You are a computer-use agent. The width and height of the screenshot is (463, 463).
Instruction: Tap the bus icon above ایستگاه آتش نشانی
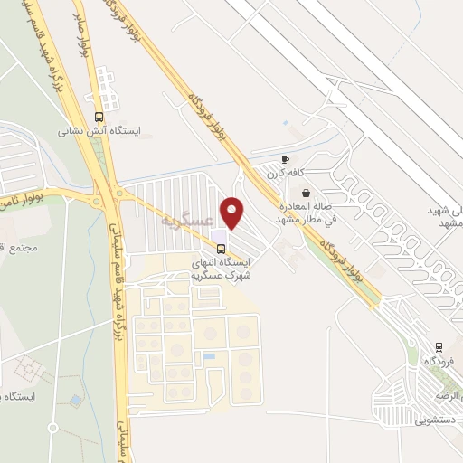pyautogui.click(x=99, y=116)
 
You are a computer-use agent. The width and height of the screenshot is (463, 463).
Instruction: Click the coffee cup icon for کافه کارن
pyautogui.click(x=286, y=158)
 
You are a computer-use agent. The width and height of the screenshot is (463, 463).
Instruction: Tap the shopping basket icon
pyautogui.click(x=306, y=192)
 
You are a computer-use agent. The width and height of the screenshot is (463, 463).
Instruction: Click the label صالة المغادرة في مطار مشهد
pyautogui.click(x=305, y=213)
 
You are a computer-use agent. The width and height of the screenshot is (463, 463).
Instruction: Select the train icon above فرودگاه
pyautogui.click(x=439, y=345)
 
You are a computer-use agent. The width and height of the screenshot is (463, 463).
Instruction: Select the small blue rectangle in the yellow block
pyautogui.click(x=210, y=356)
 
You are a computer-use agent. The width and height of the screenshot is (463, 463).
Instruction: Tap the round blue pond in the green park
pyautogui.click(x=76, y=399)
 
